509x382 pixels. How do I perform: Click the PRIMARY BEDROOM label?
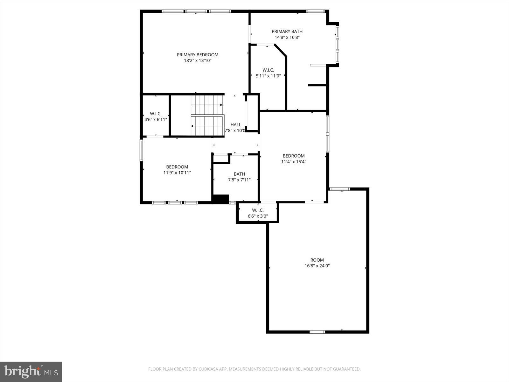click(x=198, y=55)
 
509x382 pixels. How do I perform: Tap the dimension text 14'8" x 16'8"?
click(x=287, y=37)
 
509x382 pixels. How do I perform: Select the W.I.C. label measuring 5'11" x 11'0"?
click(x=268, y=70)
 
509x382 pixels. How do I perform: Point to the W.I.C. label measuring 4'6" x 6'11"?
click(x=156, y=114)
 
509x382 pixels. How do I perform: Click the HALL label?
click(x=236, y=124)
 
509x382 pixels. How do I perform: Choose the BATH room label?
click(x=239, y=174)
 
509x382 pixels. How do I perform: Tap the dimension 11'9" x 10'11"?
click(x=177, y=173)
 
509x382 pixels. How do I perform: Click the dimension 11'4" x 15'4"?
click(x=293, y=162)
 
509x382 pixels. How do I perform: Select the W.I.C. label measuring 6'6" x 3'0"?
click(x=258, y=210)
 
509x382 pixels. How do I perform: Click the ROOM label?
click(x=317, y=260)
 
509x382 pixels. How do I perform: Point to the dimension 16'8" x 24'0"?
click(x=317, y=266)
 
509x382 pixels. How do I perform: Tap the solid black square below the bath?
click(x=220, y=199)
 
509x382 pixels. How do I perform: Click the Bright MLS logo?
click(x=31, y=371)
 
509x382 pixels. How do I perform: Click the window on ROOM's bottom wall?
click(x=317, y=332)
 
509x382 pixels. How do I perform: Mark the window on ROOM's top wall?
click(x=339, y=189)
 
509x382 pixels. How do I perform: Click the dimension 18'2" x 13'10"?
click(x=198, y=60)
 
